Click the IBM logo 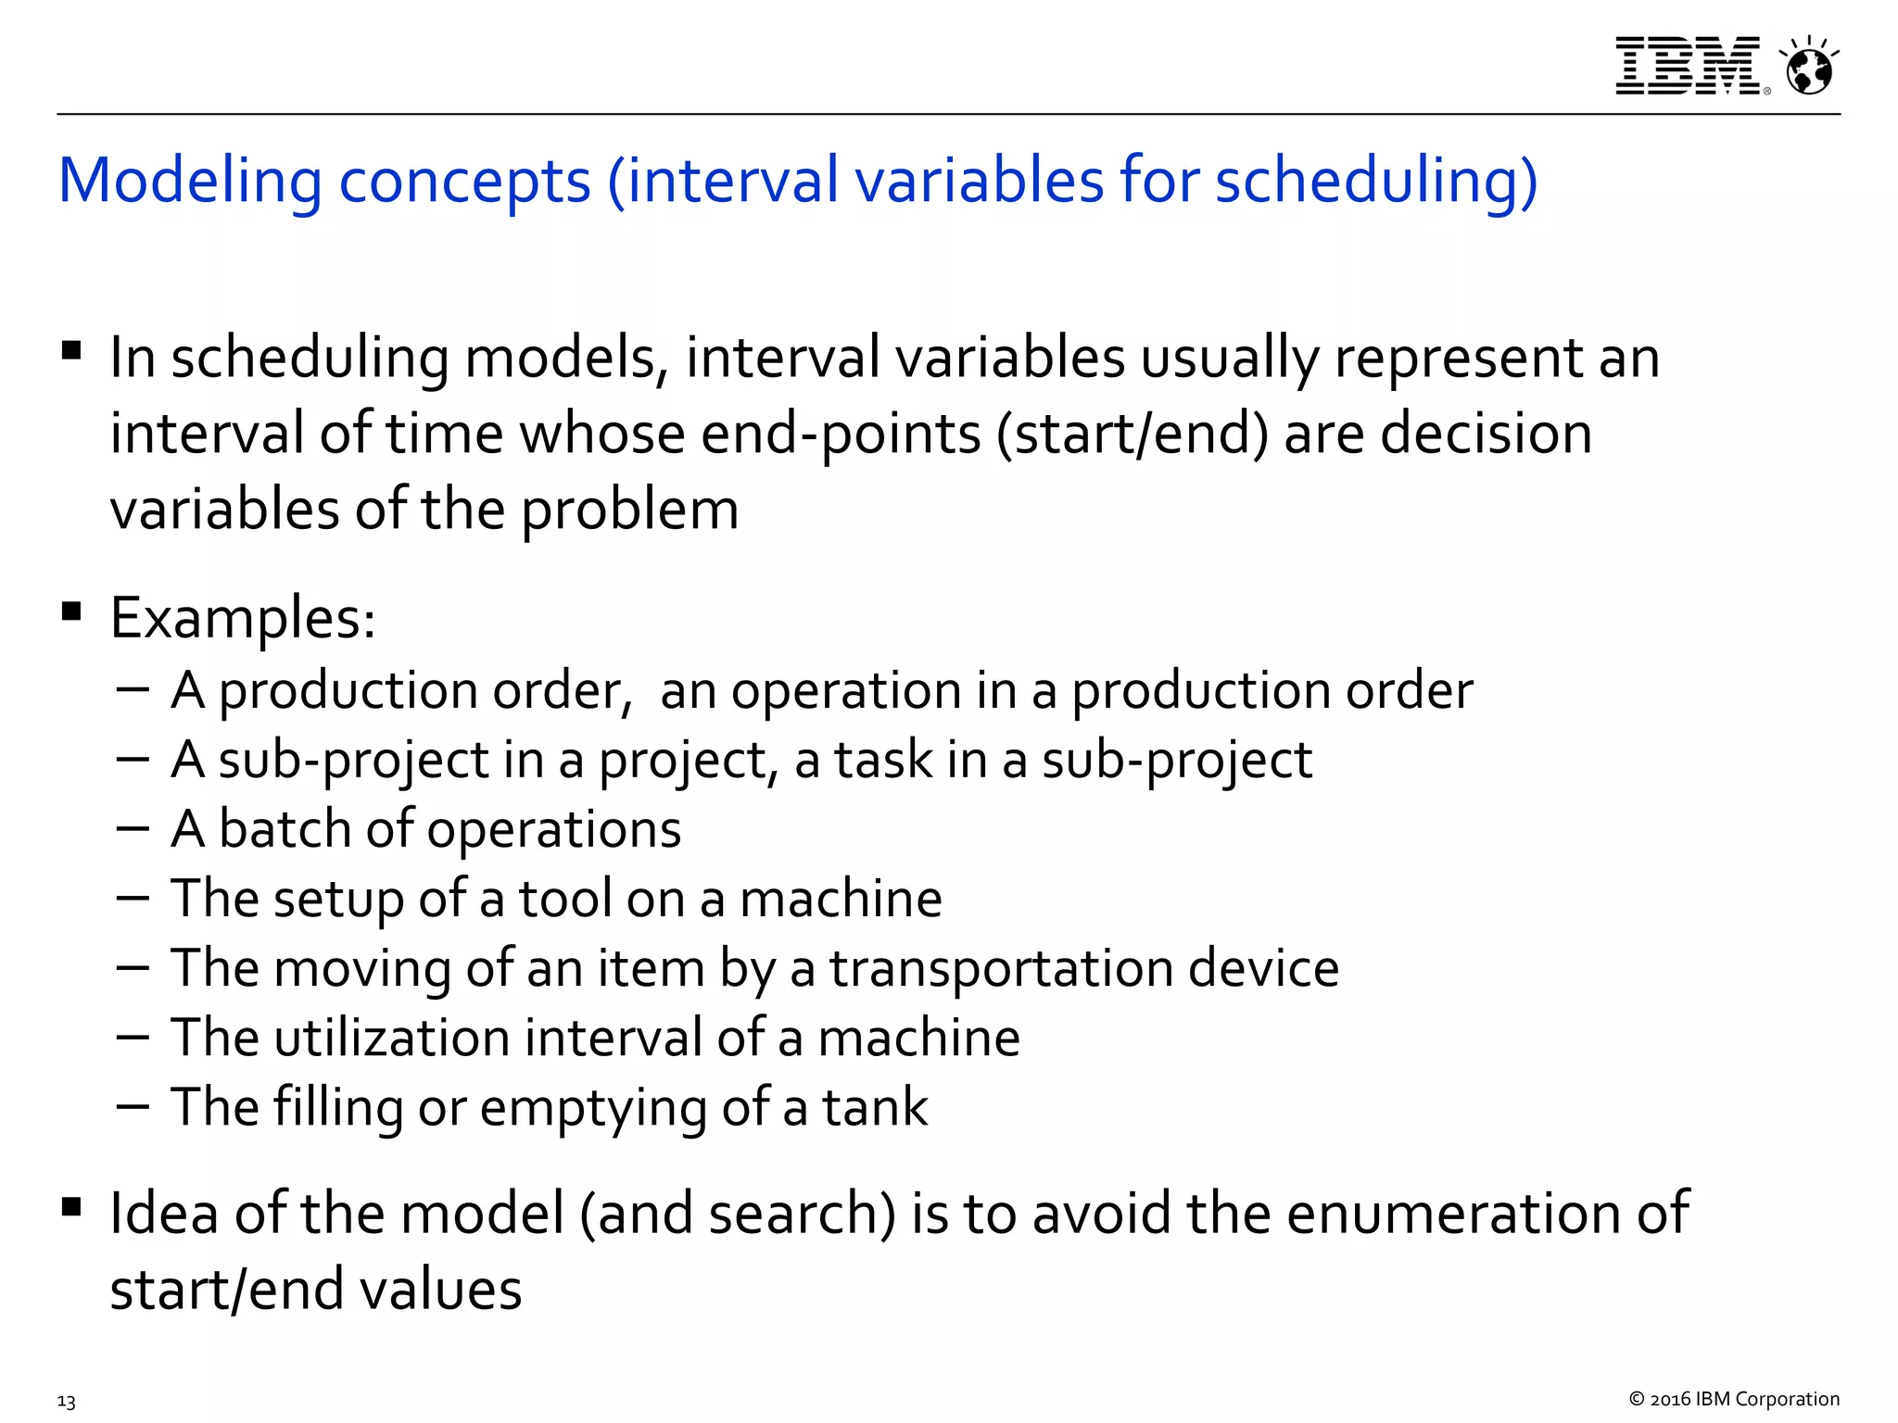[x=1688, y=66]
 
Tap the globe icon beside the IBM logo [x=1809, y=68]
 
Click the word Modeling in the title [x=190, y=181]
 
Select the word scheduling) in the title [x=1375, y=181]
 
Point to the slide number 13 [x=66, y=1401]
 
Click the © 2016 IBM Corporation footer [x=1733, y=1399]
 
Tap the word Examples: [x=243, y=618]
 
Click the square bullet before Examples [x=71, y=611]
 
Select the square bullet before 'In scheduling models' [x=71, y=351]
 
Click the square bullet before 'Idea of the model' [x=71, y=1206]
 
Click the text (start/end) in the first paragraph [x=1132, y=434]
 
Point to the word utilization [x=392, y=1038]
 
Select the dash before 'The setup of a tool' [x=133, y=897]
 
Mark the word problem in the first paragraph [x=629, y=510]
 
